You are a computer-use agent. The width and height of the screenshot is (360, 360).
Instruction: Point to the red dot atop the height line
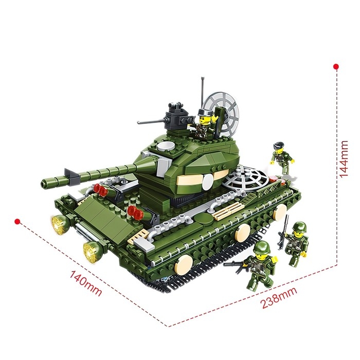pos(336,66)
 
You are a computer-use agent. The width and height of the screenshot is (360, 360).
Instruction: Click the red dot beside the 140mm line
pos(17,222)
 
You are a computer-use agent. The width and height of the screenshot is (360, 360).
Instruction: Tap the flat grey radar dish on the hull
pos(246,178)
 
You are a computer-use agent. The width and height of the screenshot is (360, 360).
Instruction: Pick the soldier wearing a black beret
pos(282,158)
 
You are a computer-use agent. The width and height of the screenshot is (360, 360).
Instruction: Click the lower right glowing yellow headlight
pos(93,251)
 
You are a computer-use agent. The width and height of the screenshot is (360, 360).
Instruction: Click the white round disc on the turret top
pos(166,146)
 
